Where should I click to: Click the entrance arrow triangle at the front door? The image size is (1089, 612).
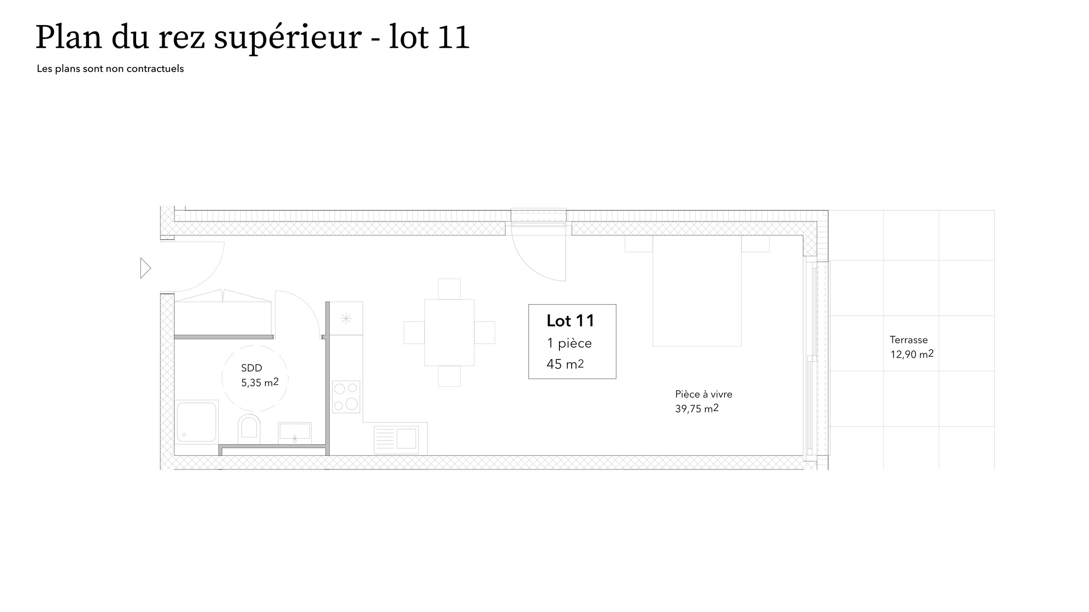coord(145,268)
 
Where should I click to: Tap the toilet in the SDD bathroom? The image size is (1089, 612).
coord(249,428)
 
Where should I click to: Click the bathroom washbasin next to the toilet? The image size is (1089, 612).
coord(294,432)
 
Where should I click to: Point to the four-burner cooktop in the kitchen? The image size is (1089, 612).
coord(346,397)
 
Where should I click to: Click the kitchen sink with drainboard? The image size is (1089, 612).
coord(396,438)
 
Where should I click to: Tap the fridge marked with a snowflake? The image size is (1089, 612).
coord(346,318)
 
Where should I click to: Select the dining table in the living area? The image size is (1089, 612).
coord(449,332)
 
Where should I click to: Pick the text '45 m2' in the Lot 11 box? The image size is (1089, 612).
coord(565,364)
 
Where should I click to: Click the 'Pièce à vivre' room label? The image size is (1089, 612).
coord(704,394)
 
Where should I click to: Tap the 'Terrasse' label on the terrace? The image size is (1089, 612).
coord(909,340)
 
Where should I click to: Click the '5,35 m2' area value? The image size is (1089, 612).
coord(259,382)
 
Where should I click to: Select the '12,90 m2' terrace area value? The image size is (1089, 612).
coord(912,354)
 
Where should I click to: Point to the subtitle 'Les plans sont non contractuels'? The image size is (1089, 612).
coord(110,69)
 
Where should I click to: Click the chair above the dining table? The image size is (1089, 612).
coord(449,289)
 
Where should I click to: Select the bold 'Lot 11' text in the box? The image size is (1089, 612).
coord(570,321)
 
